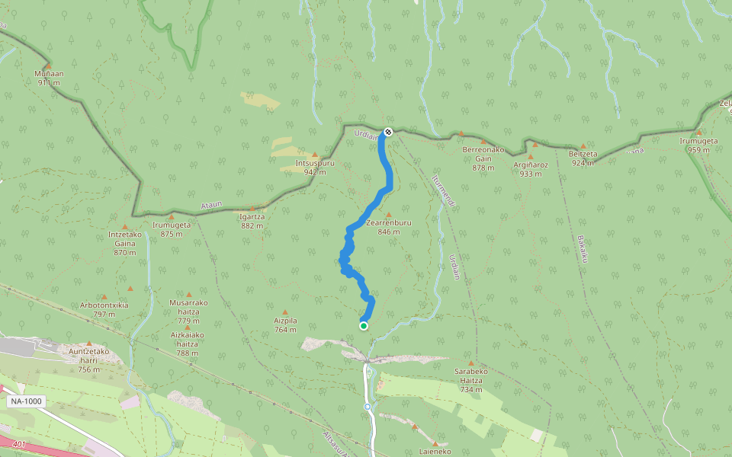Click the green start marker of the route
364,326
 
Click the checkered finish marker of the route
388,132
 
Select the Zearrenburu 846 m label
388,226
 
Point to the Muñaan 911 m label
47,78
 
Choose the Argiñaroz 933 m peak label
531,168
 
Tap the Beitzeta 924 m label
583,158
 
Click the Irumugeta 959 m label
698,145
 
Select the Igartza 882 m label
252,220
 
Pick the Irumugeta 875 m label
172,229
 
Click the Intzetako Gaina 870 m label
125,243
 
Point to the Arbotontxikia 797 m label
104,309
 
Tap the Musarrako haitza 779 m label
188,311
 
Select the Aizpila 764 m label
285,325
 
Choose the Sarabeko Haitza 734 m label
471,379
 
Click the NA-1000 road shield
26,401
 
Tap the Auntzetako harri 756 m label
89,360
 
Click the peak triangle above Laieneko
435,443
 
